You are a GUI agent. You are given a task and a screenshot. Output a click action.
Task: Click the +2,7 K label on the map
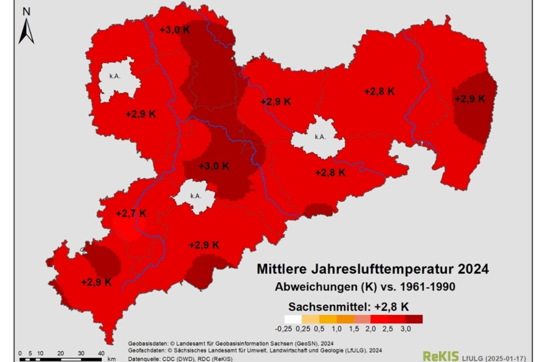coord(131,213)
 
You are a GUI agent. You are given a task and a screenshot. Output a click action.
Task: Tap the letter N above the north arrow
coord(27,11)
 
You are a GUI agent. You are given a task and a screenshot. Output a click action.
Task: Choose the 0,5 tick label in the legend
coord(318,328)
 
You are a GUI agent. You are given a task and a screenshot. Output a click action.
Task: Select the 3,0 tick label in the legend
coord(405,328)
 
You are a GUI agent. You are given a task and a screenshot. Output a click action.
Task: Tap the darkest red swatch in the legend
coord(414,319)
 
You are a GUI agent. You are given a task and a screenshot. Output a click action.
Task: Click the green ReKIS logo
coord(440,356)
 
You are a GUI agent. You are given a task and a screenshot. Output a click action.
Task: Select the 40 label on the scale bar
coord(101,353)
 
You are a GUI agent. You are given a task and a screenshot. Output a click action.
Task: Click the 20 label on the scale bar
coord(61,353)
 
